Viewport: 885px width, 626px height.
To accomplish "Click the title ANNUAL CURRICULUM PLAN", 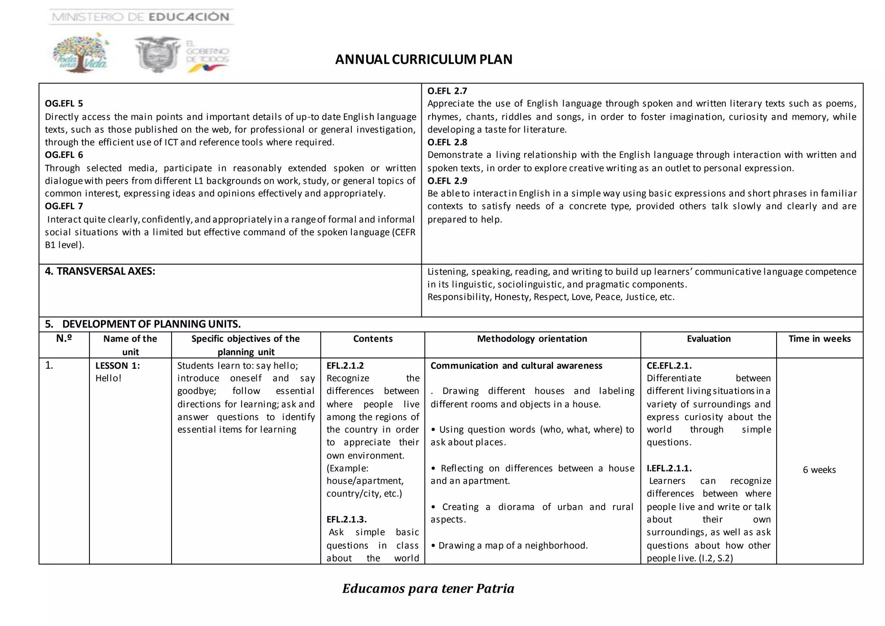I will [x=423, y=59].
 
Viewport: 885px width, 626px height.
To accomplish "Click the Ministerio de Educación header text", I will [x=141, y=17].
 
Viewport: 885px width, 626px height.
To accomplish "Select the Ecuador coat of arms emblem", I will [x=157, y=54].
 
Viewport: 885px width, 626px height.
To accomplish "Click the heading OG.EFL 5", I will [x=64, y=103].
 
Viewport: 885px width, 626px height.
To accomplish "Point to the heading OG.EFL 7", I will [x=64, y=206].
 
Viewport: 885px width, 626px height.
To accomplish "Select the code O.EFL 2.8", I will [x=447, y=142].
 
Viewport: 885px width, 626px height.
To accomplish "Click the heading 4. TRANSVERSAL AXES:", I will [x=100, y=271].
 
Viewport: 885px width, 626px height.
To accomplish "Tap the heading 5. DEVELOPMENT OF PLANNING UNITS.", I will [x=143, y=324].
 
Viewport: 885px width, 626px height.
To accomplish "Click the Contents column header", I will [x=372, y=339].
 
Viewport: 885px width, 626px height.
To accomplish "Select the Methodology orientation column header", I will [x=532, y=339].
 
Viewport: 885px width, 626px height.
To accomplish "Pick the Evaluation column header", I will [x=709, y=339].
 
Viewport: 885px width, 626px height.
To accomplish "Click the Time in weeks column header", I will [x=819, y=339].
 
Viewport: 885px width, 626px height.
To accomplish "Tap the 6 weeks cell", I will [x=819, y=470].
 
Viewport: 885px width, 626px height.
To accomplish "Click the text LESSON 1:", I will [x=118, y=366].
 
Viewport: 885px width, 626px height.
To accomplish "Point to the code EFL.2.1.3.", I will [x=346, y=519].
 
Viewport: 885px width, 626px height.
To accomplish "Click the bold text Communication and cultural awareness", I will [x=516, y=366].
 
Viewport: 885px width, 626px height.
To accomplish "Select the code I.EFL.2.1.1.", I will [x=669, y=468].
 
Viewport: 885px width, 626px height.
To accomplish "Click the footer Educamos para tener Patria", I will [x=428, y=589].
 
